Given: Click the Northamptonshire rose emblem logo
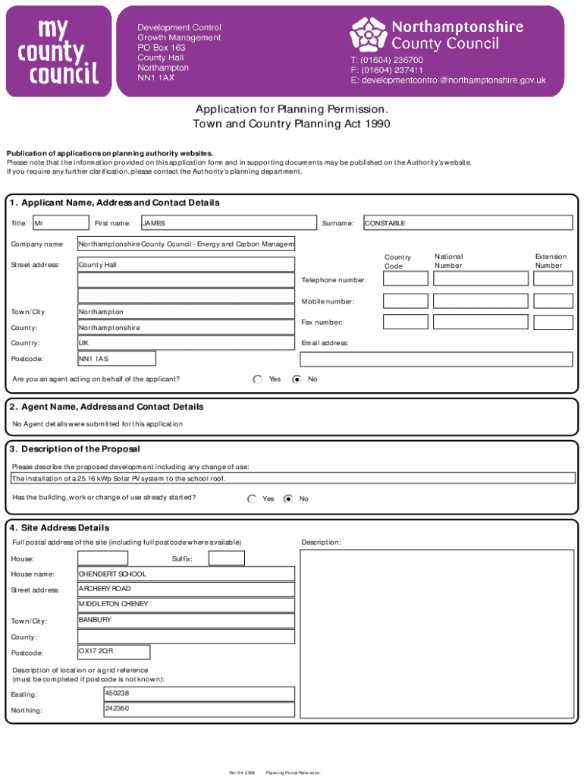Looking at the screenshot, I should [x=369, y=35].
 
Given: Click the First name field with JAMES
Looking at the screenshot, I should [x=228, y=223].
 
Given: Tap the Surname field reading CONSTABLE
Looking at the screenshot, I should [x=467, y=223].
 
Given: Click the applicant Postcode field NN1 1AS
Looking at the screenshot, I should [x=117, y=358].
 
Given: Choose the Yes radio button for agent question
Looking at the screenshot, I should [x=258, y=379].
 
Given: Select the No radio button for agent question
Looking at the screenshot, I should [x=297, y=379].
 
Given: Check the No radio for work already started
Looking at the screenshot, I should [x=288, y=499].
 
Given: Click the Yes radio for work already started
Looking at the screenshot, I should [x=252, y=499].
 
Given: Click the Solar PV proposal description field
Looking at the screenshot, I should [x=292, y=479].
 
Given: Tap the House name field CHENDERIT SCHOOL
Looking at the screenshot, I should [x=186, y=574].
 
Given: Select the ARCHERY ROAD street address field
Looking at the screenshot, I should [x=186, y=590].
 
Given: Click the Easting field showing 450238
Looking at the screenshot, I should [x=199, y=694].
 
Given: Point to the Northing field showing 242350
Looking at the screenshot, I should [x=199, y=709].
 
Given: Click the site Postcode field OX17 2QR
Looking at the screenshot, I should [x=114, y=652].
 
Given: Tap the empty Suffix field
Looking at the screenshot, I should [x=227, y=558].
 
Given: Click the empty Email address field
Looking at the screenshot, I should [x=436, y=359].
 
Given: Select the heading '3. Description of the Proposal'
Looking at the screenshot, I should [x=75, y=449].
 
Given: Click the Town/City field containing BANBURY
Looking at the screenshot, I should [x=186, y=621].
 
